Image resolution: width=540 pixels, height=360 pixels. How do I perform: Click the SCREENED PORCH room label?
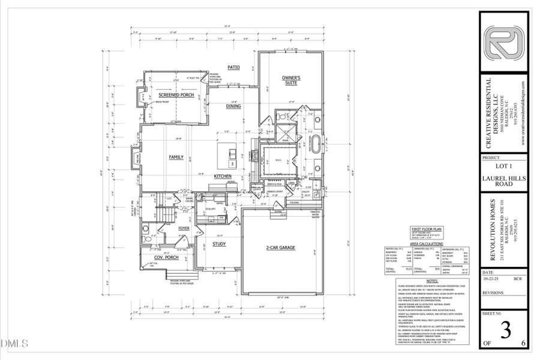click(x=175, y=95)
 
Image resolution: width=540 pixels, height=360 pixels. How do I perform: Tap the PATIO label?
click(x=233, y=67)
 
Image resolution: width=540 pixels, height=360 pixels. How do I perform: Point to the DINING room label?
click(x=233, y=106)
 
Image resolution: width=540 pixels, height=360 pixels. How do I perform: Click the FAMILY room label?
click(x=176, y=157)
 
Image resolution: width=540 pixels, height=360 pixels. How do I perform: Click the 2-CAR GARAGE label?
click(x=283, y=247)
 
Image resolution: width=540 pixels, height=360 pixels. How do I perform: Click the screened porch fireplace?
click(x=141, y=95)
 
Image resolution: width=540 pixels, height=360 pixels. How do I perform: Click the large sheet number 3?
click(x=505, y=331)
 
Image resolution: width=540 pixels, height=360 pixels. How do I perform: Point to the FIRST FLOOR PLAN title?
click(x=426, y=229)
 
